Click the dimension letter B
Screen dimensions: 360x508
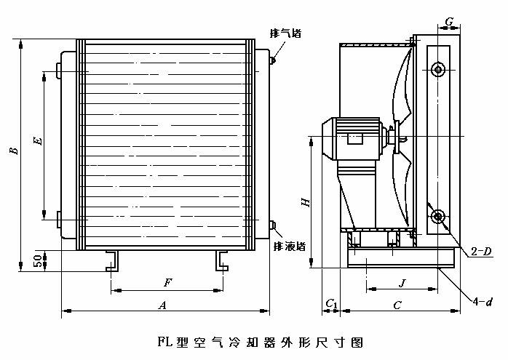(x=13, y=151)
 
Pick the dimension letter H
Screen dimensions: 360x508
(x=306, y=201)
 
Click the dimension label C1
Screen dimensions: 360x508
(x=331, y=302)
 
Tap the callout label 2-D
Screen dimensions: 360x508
(x=481, y=252)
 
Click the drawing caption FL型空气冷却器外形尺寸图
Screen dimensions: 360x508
(x=259, y=340)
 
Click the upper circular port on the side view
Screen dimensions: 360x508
(x=437, y=69)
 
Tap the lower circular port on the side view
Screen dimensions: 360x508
(x=437, y=216)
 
